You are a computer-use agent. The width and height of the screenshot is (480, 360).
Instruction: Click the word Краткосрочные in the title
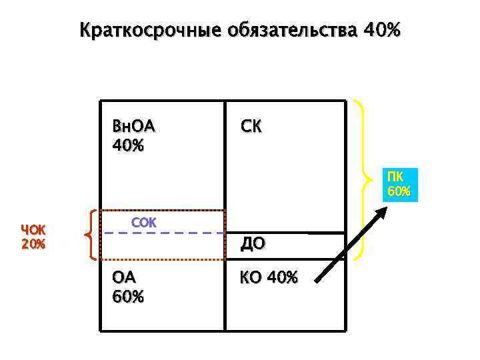150,31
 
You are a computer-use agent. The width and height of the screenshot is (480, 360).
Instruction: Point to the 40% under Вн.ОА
129,144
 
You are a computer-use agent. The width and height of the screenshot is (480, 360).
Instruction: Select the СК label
251,127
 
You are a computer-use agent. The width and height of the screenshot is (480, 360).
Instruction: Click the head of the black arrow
381,211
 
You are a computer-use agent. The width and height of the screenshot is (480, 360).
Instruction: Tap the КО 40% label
269,277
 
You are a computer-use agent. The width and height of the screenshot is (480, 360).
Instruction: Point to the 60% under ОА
129,295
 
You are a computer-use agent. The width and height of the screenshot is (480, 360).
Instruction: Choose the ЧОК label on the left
33,229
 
